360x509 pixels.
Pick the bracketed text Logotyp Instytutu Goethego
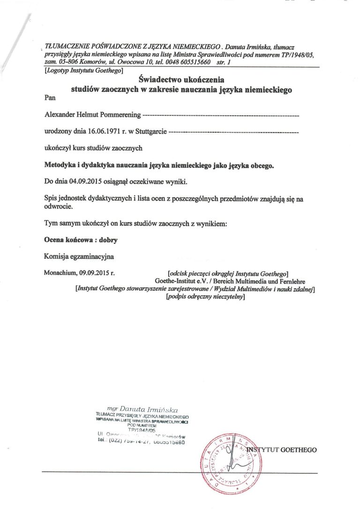click(x=83, y=71)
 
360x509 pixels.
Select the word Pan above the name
click(x=49, y=98)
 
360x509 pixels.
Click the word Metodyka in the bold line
click(x=60, y=165)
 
